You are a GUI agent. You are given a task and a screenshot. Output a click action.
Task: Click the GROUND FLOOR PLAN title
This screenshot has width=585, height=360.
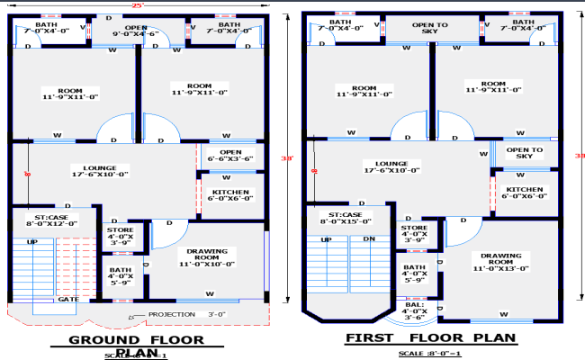pyautogui.click(x=135, y=342)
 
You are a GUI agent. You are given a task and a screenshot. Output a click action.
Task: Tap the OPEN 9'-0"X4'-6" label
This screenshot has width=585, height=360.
pyautogui.click(x=136, y=31)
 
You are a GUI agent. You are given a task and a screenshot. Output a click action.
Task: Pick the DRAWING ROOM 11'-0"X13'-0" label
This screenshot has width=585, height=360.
pyautogui.click(x=501, y=261)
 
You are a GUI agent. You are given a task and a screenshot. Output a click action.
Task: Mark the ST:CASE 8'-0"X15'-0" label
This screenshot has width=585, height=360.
pyautogui.click(x=341, y=218)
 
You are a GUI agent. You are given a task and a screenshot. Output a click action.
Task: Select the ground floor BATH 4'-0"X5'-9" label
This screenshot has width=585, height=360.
pyautogui.click(x=120, y=276)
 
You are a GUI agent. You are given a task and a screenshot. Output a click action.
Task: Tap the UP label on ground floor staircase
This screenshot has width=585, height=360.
pyautogui.click(x=32, y=242)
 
